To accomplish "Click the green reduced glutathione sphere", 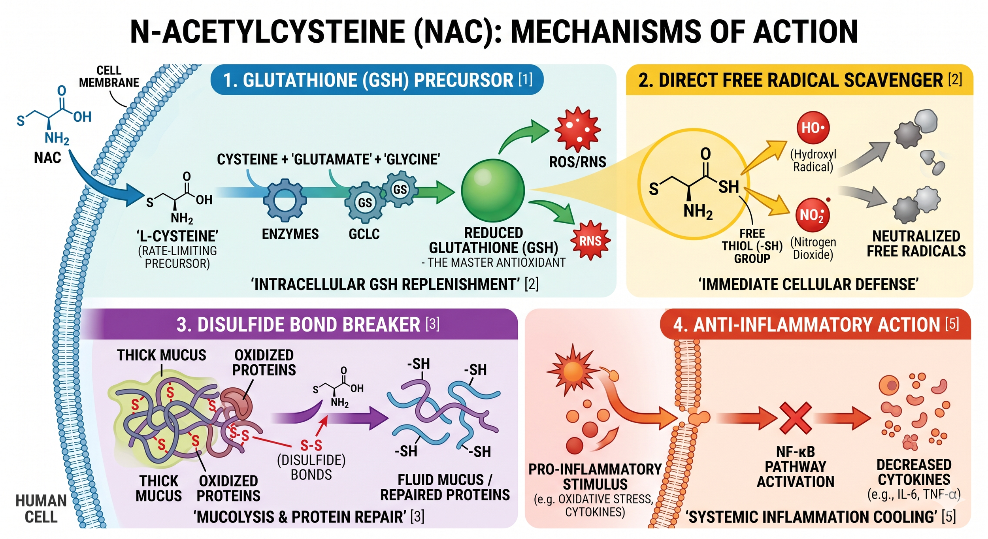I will pyautogui.click(x=493, y=190).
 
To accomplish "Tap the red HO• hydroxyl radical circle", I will pyautogui.click(x=813, y=128).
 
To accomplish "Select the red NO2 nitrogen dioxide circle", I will pyautogui.click(x=812, y=215).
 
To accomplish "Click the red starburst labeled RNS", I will pyautogui.click(x=590, y=241).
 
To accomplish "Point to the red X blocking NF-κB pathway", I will pyautogui.click(x=796, y=418).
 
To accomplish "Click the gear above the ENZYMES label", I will pyautogui.click(x=285, y=200).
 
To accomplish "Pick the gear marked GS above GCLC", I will pyautogui.click(x=365, y=203).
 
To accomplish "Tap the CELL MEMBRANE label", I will pyautogui.click(x=109, y=77).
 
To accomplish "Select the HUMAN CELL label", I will pyautogui.click(x=41, y=509).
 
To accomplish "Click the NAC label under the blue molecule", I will pyautogui.click(x=47, y=158).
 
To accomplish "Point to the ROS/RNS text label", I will pyautogui.click(x=577, y=162).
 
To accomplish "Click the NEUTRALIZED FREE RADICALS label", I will pyautogui.click(x=916, y=243).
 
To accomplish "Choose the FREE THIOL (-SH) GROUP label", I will pyautogui.click(x=752, y=246).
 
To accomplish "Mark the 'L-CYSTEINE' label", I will pyautogui.click(x=177, y=236).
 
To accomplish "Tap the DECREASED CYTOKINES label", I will pyautogui.click(x=914, y=472).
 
